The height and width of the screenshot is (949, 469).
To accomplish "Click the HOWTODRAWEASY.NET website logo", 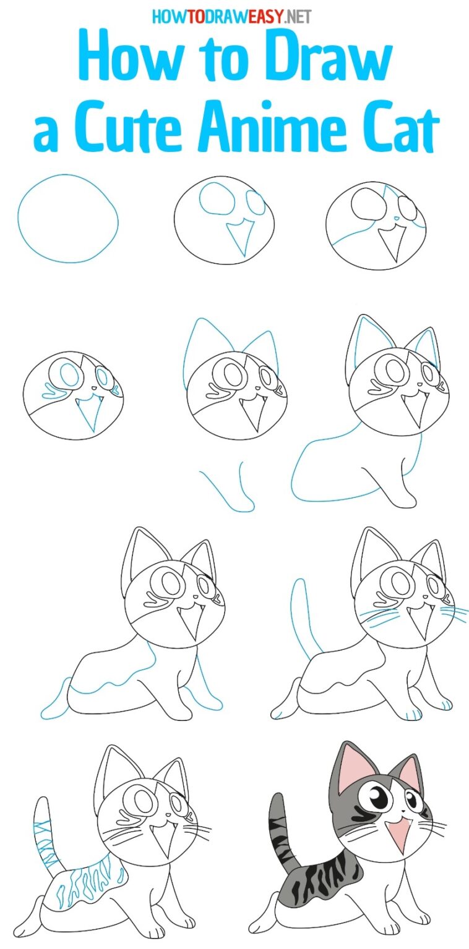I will click(x=231, y=16).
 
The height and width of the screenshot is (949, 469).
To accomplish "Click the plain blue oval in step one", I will click(x=67, y=218).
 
